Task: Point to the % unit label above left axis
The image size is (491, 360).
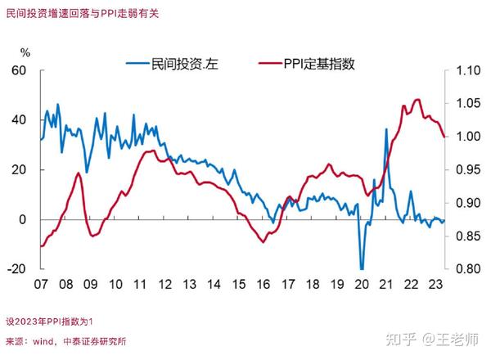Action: click(x=25, y=52)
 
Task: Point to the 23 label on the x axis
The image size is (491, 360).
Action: click(x=436, y=285)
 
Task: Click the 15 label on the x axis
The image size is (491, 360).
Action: click(x=238, y=285)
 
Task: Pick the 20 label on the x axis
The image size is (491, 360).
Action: click(x=362, y=285)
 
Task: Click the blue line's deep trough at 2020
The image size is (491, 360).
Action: click(x=361, y=268)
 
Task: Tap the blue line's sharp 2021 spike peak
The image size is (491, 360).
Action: click(x=386, y=129)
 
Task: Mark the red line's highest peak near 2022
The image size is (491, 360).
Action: click(x=417, y=100)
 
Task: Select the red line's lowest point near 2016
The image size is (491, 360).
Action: click(x=263, y=241)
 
